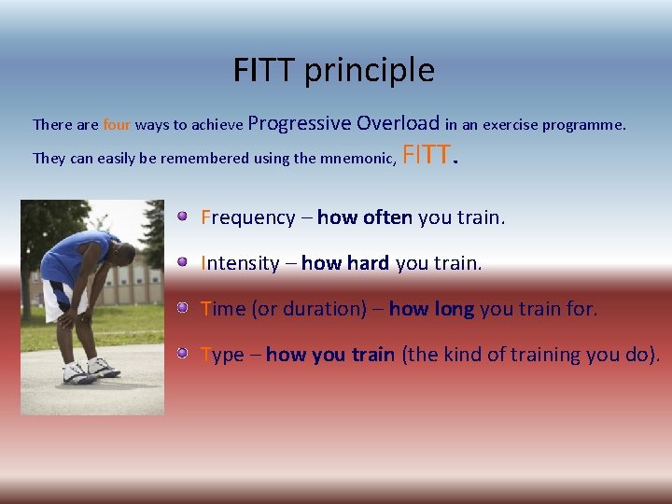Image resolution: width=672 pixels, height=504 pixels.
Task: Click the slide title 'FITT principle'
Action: [x=334, y=70]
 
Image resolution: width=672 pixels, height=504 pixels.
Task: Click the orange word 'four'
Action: [x=117, y=124]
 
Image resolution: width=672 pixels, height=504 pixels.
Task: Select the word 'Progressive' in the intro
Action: [x=300, y=122]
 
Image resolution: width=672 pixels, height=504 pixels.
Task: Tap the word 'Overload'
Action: [x=398, y=122]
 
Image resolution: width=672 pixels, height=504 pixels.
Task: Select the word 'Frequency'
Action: [x=247, y=217]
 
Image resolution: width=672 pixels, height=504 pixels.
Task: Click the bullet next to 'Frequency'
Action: [x=184, y=217]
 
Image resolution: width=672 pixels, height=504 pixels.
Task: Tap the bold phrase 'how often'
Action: [x=364, y=217]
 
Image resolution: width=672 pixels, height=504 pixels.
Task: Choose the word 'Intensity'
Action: [x=240, y=263]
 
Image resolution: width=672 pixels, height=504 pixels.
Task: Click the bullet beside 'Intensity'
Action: [x=184, y=262]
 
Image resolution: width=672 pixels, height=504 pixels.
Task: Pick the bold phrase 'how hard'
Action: [x=344, y=263]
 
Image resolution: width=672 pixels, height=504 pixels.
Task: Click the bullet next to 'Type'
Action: [x=184, y=353]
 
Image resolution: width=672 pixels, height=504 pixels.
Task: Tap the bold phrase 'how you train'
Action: [x=329, y=355]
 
